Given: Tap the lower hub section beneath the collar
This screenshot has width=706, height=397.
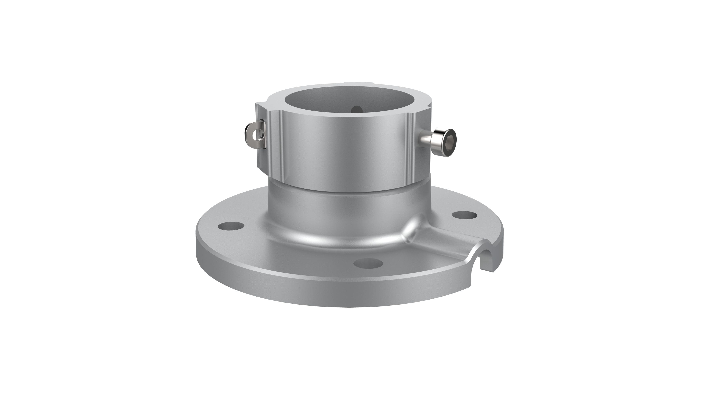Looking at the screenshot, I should [x=348, y=211].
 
